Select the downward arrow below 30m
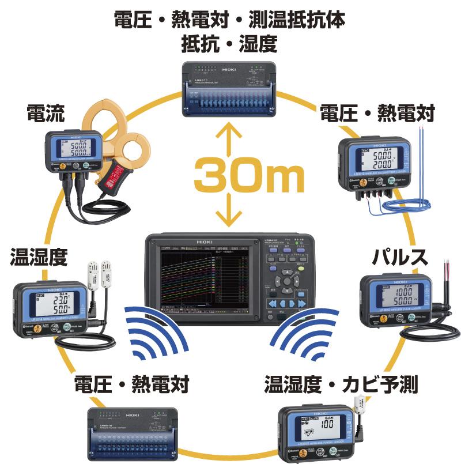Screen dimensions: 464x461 [229, 213]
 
